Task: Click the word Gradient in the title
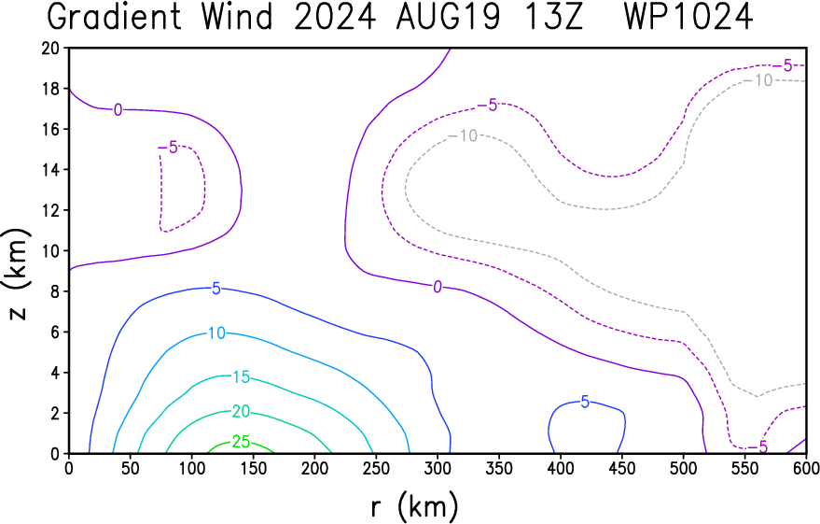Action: (115, 16)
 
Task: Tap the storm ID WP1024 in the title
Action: (688, 16)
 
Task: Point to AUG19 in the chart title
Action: (448, 16)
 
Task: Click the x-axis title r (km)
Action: (415, 506)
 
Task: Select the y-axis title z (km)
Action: (17, 274)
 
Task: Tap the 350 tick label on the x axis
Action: (499, 468)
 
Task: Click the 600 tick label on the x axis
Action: (806, 468)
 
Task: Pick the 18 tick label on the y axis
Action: (51, 89)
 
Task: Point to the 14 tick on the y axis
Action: (51, 170)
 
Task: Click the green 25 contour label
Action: (241, 442)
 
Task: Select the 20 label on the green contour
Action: (241, 412)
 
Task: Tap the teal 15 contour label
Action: (241, 377)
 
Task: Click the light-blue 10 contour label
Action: (216, 333)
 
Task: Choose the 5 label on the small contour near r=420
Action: (585, 402)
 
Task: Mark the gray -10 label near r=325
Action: (464, 136)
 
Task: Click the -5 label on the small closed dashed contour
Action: (169, 148)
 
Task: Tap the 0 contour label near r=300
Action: (438, 287)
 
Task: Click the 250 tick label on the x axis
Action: (376, 468)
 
